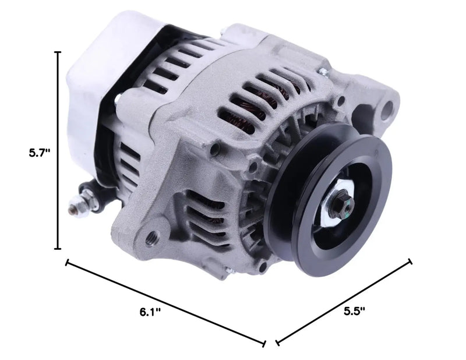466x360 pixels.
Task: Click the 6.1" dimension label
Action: (x=150, y=312)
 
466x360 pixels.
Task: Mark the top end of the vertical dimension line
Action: (x=58, y=52)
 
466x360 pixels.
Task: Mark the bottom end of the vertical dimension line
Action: (x=58, y=249)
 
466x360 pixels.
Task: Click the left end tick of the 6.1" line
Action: (x=68, y=263)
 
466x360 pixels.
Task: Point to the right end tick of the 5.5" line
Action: (x=411, y=262)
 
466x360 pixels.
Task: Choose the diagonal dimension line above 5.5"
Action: (x=344, y=301)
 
